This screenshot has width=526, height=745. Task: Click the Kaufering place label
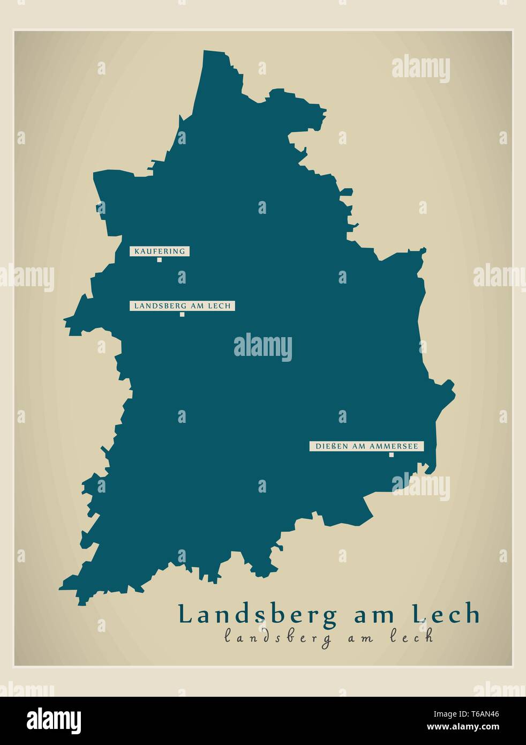point(160,251)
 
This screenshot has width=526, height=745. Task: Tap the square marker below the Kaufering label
point(159,260)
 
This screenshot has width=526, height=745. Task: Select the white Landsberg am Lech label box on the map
point(182,306)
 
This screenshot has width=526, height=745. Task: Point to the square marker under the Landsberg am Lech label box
point(182,315)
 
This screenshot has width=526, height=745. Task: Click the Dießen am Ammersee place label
point(367,446)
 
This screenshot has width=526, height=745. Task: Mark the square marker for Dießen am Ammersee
point(391,455)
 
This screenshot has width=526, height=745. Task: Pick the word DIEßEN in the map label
point(329,446)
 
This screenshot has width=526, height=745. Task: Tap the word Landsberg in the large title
point(258,615)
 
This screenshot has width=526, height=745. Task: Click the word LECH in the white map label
point(221,306)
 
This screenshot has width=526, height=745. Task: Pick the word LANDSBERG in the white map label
point(160,306)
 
